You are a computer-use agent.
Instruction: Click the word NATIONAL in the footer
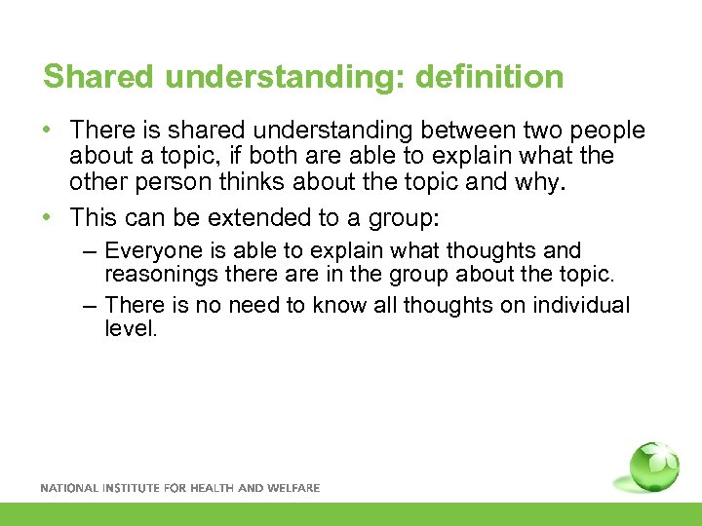69,488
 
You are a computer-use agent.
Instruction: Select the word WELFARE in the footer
293,488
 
